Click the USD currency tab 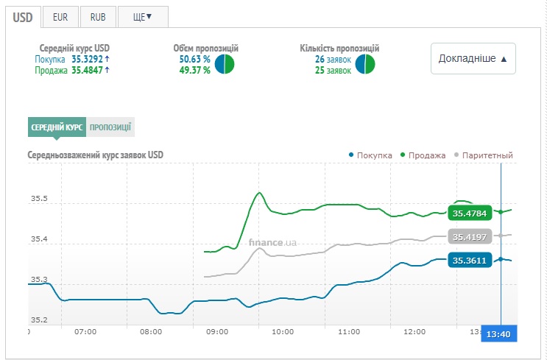click(23, 16)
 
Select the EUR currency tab click(60, 16)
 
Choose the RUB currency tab click(98, 16)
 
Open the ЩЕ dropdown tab click(143, 16)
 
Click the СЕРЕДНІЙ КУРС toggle click(57, 127)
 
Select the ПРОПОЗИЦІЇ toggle click(110, 127)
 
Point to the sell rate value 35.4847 click(87, 70)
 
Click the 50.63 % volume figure click(195, 59)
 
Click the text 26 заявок click(333, 59)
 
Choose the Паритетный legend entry click(484, 155)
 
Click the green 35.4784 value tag click(469, 213)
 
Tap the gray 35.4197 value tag click(469, 237)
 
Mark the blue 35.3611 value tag click(469, 261)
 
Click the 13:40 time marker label click(498, 333)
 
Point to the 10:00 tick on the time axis click(283, 332)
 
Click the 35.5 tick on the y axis click(39, 200)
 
